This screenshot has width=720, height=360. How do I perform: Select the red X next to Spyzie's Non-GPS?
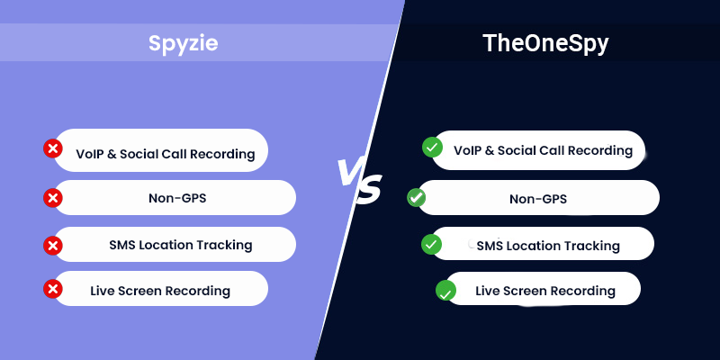[53, 197]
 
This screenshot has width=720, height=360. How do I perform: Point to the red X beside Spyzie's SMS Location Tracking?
[53, 244]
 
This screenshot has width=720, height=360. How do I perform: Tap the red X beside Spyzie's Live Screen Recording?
[53, 289]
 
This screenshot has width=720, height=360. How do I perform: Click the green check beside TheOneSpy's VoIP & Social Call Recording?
[432, 147]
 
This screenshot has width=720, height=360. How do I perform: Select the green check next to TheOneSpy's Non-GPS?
[416, 197]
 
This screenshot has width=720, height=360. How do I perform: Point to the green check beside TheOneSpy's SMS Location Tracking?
[432, 244]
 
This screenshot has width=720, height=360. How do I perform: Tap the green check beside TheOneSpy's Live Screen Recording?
[445, 291]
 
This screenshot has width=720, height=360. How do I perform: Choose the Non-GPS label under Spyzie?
[176, 198]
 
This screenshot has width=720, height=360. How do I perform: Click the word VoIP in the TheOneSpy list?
[469, 150]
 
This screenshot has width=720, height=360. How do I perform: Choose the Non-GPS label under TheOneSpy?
[537, 198]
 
